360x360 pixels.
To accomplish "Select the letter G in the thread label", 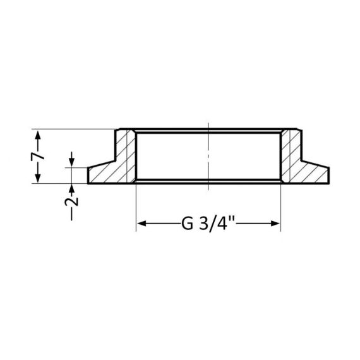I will [188, 224].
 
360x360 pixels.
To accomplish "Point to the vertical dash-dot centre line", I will [208, 158].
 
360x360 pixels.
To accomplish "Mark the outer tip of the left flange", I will [88, 176].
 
